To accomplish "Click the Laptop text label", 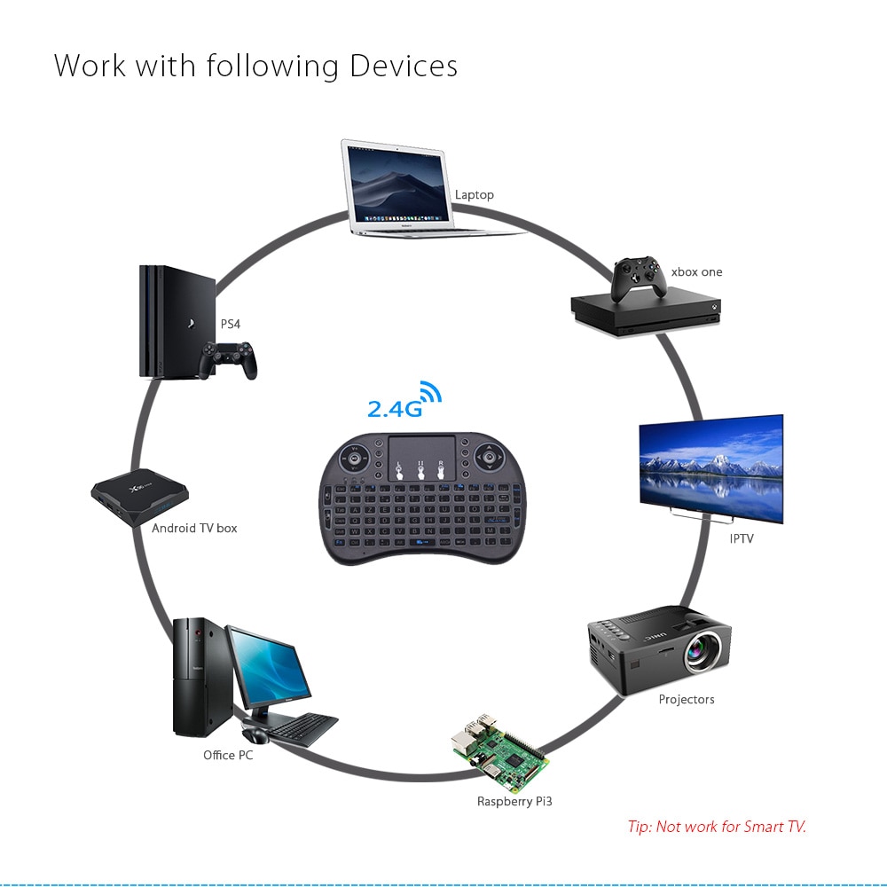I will tap(475, 195).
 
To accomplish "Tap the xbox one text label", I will tap(696, 272).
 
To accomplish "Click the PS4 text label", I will tap(231, 324).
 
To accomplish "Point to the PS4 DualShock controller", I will tap(227, 357).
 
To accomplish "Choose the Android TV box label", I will tap(194, 528).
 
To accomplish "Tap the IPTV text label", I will tap(741, 538).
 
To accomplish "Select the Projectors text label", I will tap(686, 700).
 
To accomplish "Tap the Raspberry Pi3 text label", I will tap(514, 802).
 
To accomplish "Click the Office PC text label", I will tap(228, 756).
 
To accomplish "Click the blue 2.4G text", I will tap(393, 409).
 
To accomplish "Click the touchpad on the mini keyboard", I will tap(422, 459).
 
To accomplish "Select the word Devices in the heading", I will tap(404, 67).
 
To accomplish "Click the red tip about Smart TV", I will tap(717, 827).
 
